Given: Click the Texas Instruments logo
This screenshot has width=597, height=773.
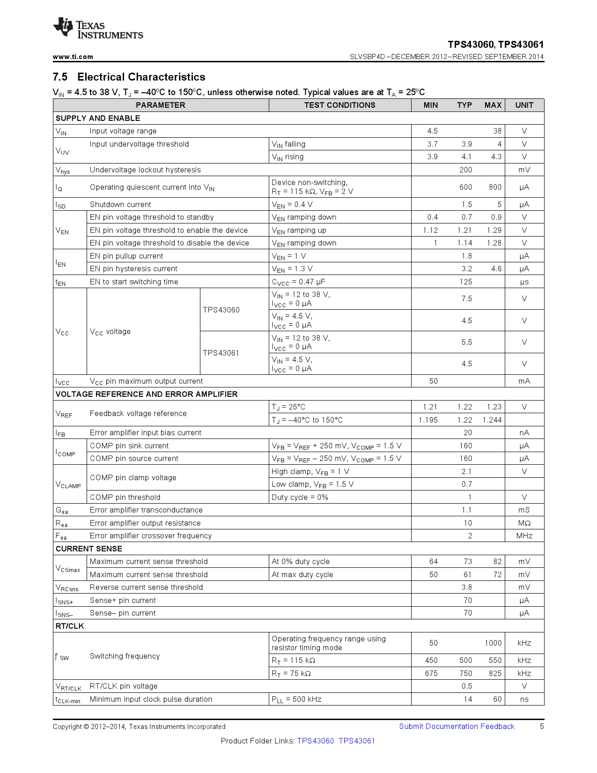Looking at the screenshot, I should coord(97,29).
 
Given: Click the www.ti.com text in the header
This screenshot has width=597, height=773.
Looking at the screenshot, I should coord(73,57).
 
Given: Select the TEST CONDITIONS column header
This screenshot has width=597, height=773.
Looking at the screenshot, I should coord(339,105).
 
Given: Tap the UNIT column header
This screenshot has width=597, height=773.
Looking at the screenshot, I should coord(524,105).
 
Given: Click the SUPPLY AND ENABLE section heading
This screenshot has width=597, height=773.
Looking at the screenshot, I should coord(98,118).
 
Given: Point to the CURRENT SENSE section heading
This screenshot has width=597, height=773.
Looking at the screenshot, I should coord(89,549).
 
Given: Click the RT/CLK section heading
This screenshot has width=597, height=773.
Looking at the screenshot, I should coord(70,626).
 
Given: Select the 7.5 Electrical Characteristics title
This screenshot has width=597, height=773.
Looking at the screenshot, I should coord(129,77).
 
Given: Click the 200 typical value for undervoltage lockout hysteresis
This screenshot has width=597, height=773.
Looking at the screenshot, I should coord(465,170).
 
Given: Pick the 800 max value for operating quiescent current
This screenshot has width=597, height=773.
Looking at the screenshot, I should coord(495,187).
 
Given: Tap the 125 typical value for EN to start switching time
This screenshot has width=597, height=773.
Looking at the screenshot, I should coord(465,282).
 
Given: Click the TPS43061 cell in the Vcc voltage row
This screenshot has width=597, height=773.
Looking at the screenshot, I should coord(221,353).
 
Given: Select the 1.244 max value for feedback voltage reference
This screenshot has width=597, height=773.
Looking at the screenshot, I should coord(492,420).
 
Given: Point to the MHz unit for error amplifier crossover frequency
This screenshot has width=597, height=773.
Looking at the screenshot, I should coord(524,535).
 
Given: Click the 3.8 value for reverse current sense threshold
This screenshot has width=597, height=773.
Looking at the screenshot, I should coord(466,587).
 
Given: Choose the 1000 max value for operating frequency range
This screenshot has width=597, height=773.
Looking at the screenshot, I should coord(493,643).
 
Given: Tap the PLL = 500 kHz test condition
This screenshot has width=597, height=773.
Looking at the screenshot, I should coord(296,699).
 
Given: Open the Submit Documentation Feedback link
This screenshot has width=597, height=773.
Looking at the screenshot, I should coord(457,726).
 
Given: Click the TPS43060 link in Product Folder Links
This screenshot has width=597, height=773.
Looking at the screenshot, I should coord(316,741).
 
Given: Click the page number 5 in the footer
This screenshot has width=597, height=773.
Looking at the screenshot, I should coord(542,726).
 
